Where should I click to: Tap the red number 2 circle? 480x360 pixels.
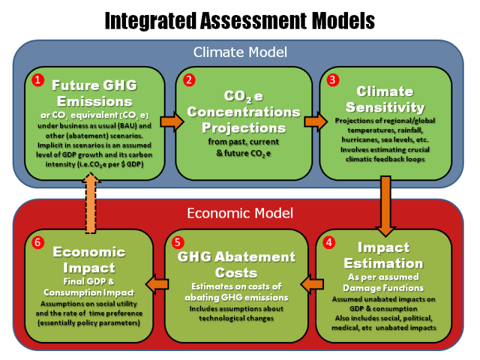189,80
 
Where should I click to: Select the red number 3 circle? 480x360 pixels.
332,80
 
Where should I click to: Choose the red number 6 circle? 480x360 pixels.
37,243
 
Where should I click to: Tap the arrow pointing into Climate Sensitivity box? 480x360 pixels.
313,122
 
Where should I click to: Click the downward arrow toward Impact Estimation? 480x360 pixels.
384,207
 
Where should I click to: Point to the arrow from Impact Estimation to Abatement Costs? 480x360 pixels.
312,283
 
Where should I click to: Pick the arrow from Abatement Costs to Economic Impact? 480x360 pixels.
157,283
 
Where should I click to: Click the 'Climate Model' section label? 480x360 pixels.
240,52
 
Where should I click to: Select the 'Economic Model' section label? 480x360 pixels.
240,213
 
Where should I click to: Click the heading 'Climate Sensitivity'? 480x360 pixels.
385,100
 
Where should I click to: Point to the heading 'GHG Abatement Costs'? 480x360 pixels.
236,265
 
